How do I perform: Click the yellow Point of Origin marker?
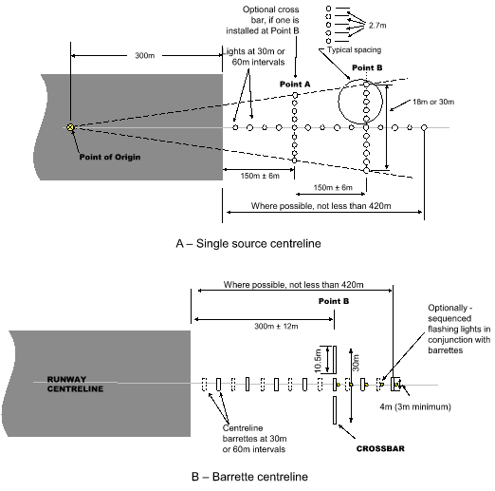[70, 127]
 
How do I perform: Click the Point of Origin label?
[110, 157]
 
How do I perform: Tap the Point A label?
[295, 85]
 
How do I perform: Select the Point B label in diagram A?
[367, 67]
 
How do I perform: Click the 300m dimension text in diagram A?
[145, 56]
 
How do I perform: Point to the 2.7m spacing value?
[377, 26]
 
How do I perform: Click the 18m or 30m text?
[433, 102]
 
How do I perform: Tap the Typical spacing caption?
[354, 50]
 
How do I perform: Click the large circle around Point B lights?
[339, 102]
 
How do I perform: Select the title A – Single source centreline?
[248, 243]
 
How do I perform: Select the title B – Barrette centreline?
[249, 477]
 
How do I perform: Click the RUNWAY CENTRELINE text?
[75, 384]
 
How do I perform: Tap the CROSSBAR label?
[380, 448]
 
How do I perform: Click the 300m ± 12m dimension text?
[276, 327]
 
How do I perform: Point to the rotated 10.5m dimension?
[318, 360]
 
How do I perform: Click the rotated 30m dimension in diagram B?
[356, 363]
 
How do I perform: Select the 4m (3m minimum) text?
[415, 406]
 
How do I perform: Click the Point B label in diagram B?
[334, 301]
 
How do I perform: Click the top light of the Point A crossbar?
[295, 95]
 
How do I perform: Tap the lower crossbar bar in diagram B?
[335, 410]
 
